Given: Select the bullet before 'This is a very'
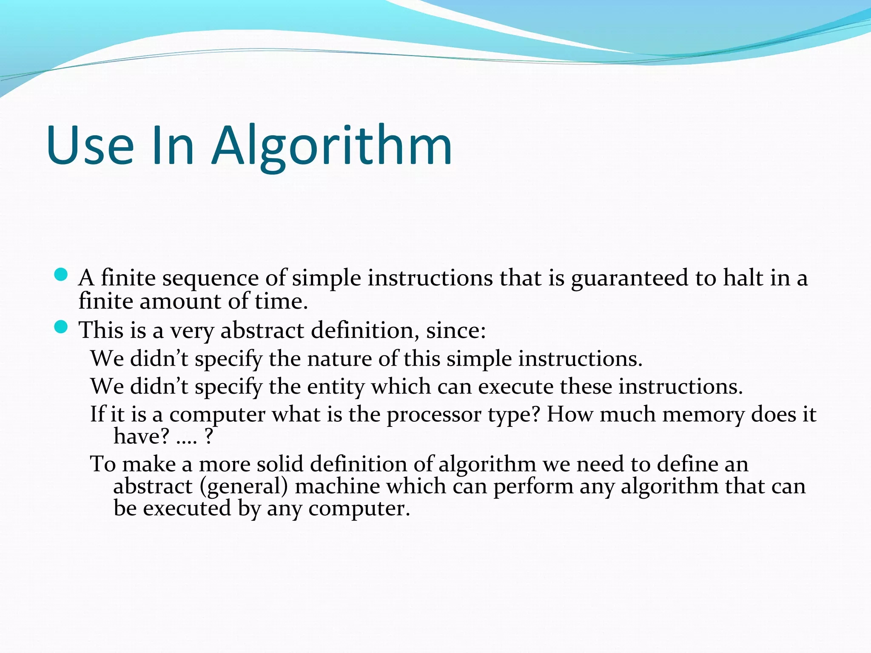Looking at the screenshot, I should [x=61, y=327].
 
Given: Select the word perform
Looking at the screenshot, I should [x=533, y=487].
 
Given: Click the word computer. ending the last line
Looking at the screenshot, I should [x=359, y=509].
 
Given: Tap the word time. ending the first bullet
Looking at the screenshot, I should [x=281, y=301].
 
